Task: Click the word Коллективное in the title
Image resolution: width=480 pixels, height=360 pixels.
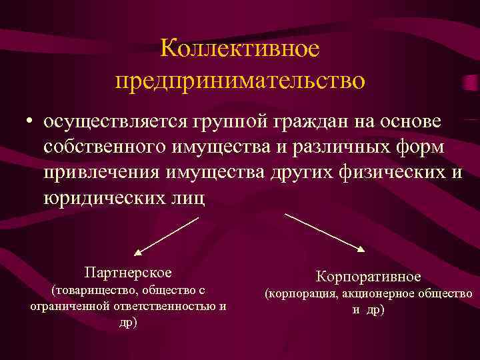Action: tap(240, 49)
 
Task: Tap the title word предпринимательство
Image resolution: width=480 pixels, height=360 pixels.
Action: tap(240, 81)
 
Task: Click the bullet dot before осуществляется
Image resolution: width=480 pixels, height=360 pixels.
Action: tap(29, 123)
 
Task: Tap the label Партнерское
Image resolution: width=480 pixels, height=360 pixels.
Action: tap(128, 273)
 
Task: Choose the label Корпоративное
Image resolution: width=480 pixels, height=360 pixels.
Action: tap(368, 276)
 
